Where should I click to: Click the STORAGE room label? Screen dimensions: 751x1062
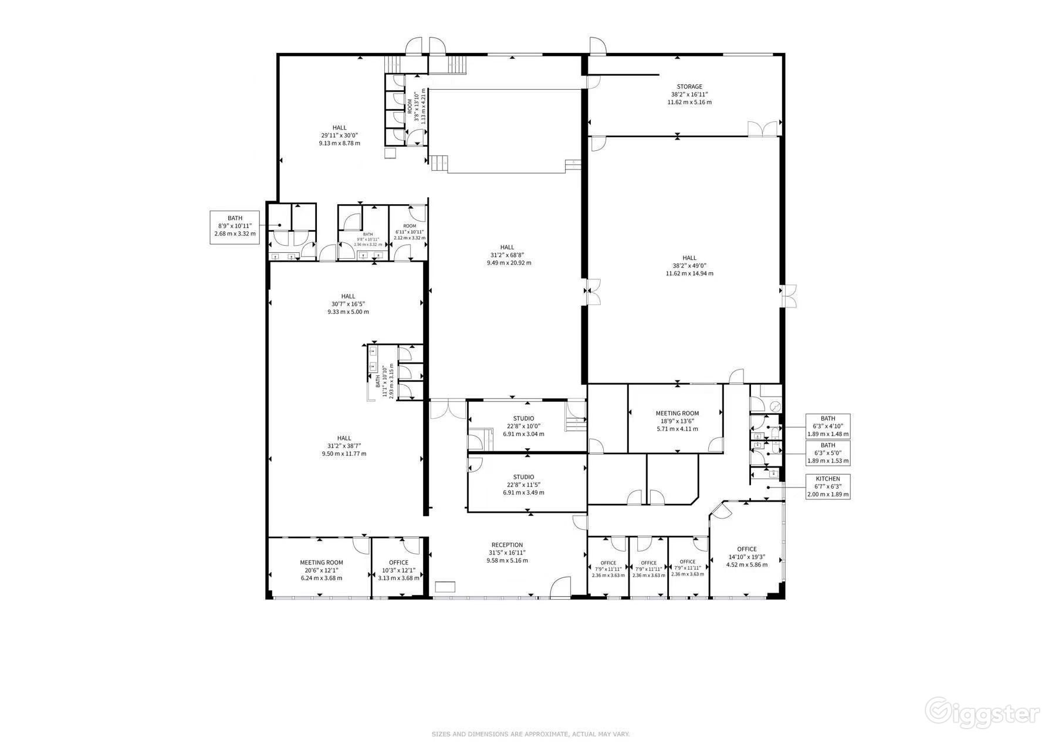689,94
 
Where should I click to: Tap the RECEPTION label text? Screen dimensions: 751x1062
507,553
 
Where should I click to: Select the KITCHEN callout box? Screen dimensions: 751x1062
827,486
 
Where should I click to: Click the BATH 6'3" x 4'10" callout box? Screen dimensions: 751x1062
827,427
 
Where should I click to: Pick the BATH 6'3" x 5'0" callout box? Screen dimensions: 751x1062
827,454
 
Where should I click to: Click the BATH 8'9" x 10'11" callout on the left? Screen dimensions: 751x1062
235,228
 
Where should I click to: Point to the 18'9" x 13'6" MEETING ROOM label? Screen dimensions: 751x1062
677,421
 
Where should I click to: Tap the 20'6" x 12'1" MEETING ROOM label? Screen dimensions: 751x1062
321,570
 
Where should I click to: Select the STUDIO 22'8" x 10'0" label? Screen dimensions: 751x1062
523,426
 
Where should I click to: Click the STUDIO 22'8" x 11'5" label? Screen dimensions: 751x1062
523,485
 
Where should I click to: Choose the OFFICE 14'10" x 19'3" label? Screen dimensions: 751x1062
746,557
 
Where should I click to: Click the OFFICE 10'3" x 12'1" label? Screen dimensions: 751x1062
398,570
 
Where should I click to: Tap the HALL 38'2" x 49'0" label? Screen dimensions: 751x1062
689,265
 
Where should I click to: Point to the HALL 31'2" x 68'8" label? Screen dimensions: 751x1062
508,255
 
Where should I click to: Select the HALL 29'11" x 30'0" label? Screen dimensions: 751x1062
339,135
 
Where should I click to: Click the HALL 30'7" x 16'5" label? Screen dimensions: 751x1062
348,304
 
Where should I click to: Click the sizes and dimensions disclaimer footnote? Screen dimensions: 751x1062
530,734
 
